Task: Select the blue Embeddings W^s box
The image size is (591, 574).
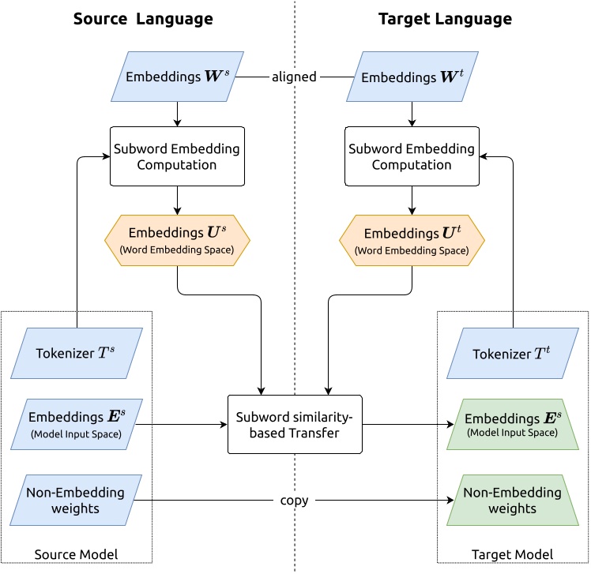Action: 177,77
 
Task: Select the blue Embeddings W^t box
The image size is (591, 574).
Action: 411,77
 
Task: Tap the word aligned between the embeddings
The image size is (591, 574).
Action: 294,77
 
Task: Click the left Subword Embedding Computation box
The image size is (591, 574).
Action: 177,156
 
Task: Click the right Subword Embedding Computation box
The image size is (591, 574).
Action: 411,156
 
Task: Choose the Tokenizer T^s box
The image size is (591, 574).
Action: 77,353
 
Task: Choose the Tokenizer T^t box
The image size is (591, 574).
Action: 512,353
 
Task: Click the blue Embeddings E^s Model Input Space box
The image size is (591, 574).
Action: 77,424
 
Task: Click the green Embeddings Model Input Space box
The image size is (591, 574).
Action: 512,424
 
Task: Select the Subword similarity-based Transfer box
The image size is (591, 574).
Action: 294,424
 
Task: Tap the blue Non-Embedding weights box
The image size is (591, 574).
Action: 77,501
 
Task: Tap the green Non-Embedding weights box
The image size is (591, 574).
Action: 512,501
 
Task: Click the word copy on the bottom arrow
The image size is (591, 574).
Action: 294,501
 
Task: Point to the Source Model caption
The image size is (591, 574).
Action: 77,554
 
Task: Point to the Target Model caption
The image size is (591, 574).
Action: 512,554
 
